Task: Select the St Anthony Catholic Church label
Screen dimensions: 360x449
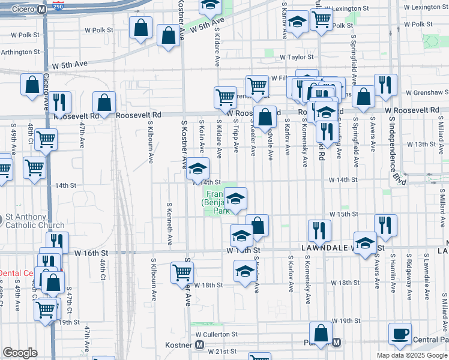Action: [35, 221]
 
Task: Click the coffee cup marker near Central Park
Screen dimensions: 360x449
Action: [400, 333]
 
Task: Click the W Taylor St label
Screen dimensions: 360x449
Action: [291, 58]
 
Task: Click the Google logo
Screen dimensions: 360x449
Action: [20, 353]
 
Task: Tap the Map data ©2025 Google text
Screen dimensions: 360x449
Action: [411, 355]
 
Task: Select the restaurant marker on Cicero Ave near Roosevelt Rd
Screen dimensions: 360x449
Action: [59, 102]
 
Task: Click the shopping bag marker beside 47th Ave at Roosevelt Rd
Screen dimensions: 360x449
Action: [104, 103]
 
